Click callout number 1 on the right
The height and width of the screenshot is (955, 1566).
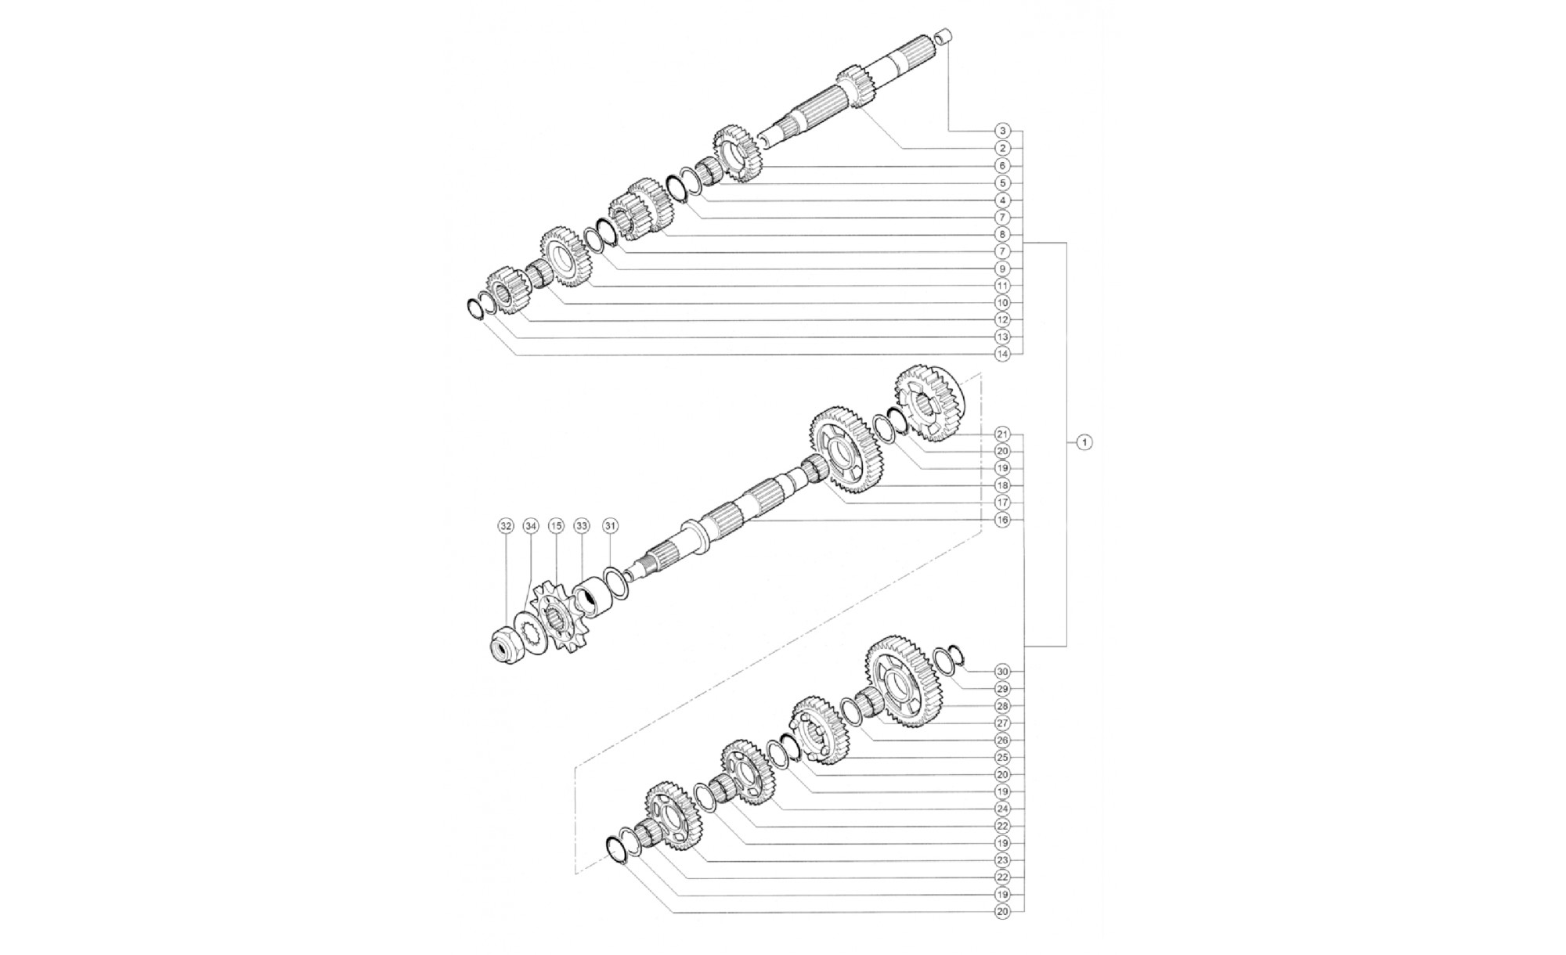pyautogui.click(x=1084, y=442)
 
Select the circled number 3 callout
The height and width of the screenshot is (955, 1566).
pyautogui.click(x=1003, y=131)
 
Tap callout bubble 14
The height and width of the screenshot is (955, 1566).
pyautogui.click(x=1003, y=354)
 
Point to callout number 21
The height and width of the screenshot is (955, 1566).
pyautogui.click(x=1003, y=434)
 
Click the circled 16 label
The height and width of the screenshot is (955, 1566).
pyautogui.click(x=1003, y=520)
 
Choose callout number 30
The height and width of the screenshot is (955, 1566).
pyautogui.click(x=1003, y=672)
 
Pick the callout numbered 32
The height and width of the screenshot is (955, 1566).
pyautogui.click(x=506, y=526)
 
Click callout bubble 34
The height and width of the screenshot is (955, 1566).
pyautogui.click(x=531, y=526)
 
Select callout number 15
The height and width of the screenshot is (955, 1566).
pyautogui.click(x=556, y=526)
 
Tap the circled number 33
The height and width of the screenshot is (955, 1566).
pyautogui.click(x=581, y=526)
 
